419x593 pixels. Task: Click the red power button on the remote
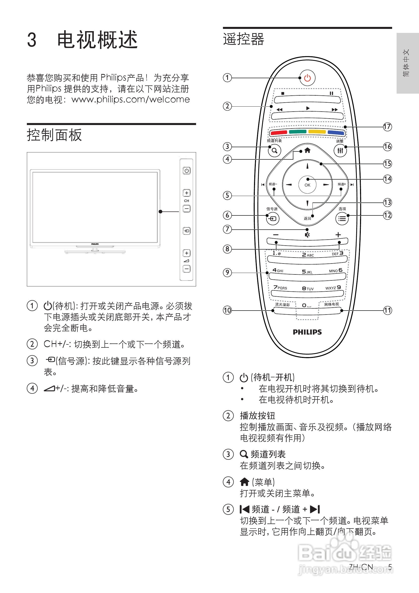[x=307, y=78]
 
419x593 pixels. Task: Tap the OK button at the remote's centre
[x=307, y=185]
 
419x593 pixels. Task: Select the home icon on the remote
[x=307, y=150]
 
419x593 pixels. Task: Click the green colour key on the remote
[x=298, y=132]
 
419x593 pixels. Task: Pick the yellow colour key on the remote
[x=317, y=132]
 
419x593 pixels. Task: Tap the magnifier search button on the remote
[x=274, y=151]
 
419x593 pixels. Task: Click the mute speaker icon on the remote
[x=307, y=235]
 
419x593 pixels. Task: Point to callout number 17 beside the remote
[x=387, y=127]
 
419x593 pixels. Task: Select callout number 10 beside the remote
[x=227, y=310]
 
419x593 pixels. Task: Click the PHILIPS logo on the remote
[x=307, y=332]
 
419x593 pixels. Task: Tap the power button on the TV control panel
[x=187, y=171]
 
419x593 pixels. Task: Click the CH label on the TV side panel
[x=187, y=201]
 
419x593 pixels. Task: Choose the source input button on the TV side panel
[x=187, y=231]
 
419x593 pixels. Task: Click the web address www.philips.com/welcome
[x=131, y=99]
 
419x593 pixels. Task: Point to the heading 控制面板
[x=54, y=135]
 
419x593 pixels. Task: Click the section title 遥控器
[x=244, y=39]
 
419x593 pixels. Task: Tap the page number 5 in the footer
[x=390, y=567]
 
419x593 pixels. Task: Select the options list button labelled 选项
[x=342, y=219]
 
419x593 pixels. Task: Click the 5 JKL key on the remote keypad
[x=307, y=272]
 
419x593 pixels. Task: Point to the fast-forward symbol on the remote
[x=335, y=110]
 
